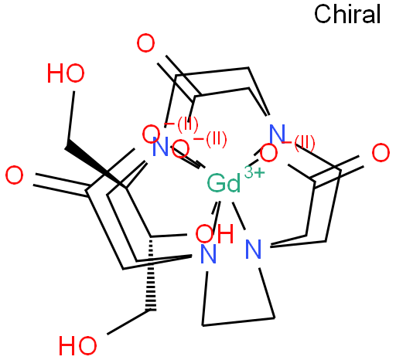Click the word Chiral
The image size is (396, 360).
pos(347,15)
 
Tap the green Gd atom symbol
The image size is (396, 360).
pos(224,183)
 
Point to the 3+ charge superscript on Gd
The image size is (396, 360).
pos(254,173)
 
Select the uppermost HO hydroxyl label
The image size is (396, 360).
pos(66,73)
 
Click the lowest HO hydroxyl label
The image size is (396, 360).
pos(77,345)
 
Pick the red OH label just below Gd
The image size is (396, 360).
pos(214,234)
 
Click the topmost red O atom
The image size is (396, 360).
pos(145,43)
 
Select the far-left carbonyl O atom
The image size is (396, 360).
pos(14,175)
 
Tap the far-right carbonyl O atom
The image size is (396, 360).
pos(381,153)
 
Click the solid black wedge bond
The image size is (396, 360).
pos(95,165)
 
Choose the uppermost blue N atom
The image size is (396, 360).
pos(277,134)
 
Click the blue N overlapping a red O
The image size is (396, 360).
pos(160,147)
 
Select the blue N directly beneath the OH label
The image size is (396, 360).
pos(208,254)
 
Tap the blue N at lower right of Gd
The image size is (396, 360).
pos(253,249)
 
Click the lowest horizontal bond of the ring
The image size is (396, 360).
pos(238,322)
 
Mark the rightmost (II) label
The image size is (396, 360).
pos(305,144)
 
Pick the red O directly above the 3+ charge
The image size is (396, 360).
pos(268,154)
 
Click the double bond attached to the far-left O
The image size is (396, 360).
pos(61,183)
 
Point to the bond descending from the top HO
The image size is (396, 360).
pos(71,116)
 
